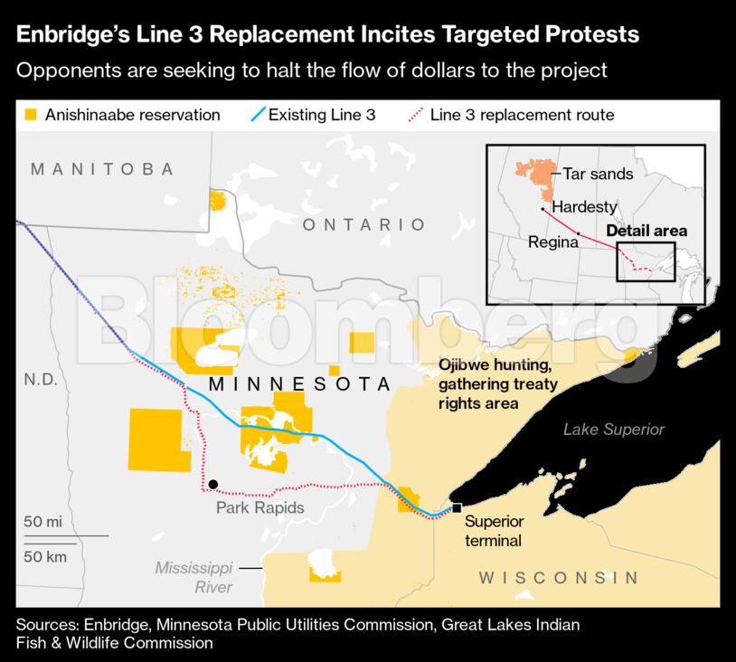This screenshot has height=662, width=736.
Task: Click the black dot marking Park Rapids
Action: point(212,485)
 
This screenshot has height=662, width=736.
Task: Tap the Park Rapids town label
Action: point(259,507)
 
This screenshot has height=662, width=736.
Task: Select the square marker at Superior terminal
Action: point(457,507)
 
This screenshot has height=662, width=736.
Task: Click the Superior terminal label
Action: point(494,531)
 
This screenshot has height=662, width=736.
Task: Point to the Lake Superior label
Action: point(613,430)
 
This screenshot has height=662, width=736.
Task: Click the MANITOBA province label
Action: point(101,169)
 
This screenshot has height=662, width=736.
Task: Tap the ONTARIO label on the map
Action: point(363,224)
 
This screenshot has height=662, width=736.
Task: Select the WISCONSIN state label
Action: point(558,578)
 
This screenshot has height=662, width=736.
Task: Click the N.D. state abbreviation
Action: point(41,380)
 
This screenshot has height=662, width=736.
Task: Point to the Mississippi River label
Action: point(193,577)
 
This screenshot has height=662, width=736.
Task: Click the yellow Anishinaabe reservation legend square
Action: point(31,115)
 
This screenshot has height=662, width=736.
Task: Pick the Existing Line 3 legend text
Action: point(322,115)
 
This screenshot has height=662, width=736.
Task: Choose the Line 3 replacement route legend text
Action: point(522,115)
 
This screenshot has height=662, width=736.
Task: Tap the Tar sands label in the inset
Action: point(598,174)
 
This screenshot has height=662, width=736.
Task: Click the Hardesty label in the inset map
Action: point(584,207)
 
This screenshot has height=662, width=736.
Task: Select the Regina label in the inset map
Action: point(552,241)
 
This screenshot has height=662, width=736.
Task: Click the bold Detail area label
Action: point(646,231)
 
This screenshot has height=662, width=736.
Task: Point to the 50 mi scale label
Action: point(42,522)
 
